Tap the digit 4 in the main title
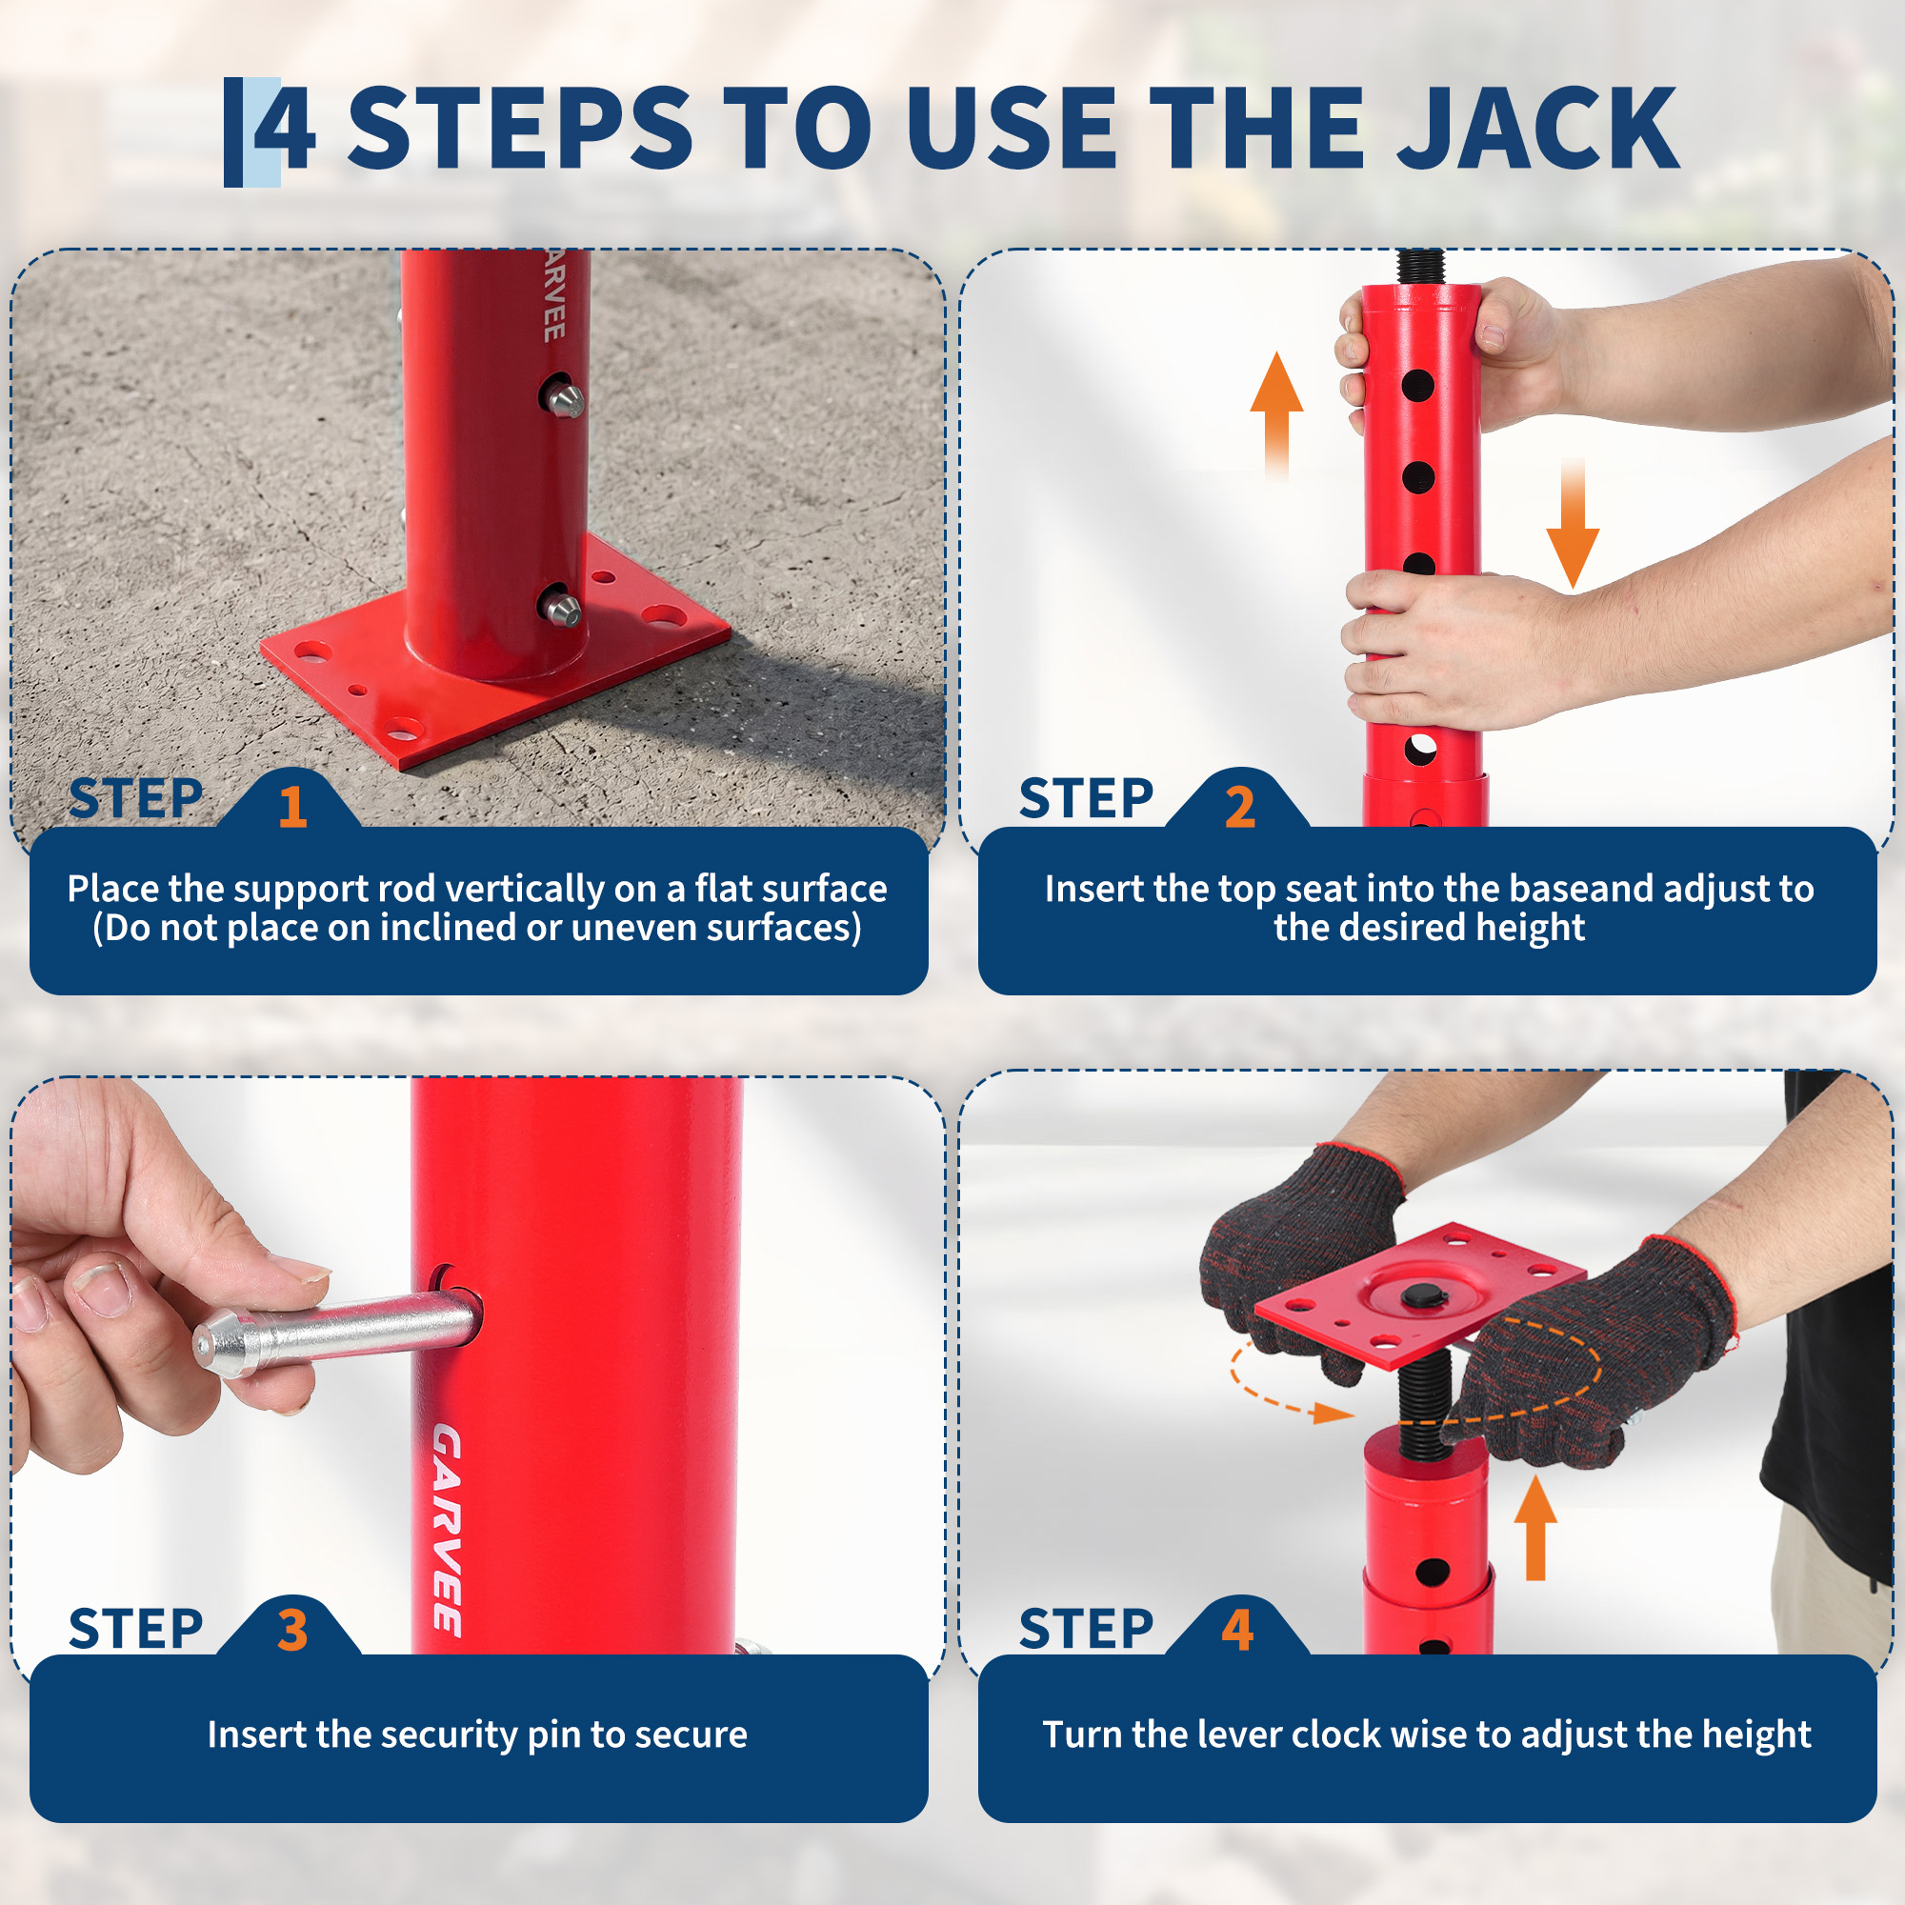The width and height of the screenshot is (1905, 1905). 285,130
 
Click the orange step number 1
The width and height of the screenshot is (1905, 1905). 291,807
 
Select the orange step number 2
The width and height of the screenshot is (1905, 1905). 1239,807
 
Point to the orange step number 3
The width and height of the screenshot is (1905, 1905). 291,1630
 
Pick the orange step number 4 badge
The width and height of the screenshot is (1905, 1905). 1237,1630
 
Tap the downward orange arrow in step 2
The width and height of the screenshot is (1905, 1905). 1573,524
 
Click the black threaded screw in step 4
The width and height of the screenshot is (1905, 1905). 1424,1403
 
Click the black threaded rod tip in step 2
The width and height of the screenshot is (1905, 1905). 1422,267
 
